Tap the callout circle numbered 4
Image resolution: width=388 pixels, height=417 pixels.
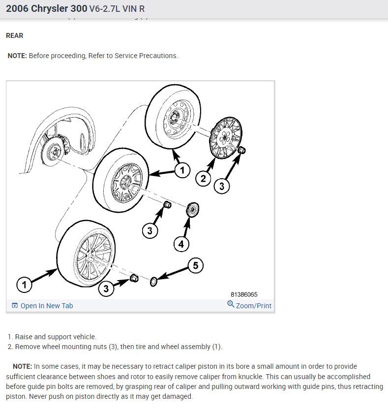tap(181, 243)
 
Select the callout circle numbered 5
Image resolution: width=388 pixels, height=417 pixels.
tap(195, 266)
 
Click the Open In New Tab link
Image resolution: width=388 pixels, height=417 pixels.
tap(46, 306)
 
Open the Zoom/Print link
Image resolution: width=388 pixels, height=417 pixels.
tap(253, 306)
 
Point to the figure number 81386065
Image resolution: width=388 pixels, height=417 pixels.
tap(244, 294)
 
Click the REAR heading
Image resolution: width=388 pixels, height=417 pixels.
tap(14, 36)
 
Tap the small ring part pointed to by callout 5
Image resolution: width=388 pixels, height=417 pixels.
tap(153, 281)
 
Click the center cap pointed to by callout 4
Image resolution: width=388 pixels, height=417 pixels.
tap(192, 210)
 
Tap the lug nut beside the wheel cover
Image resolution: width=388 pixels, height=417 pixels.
tap(241, 150)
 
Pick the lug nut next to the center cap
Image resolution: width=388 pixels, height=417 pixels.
tap(167, 204)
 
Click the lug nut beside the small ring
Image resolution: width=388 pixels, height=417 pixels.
tap(133, 279)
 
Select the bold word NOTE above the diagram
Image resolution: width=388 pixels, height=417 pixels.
tap(17, 56)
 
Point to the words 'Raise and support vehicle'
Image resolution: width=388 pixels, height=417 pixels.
tap(56, 337)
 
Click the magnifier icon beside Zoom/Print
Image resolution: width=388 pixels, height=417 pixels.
tap(231, 304)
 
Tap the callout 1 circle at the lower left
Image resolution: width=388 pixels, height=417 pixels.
tap(24, 285)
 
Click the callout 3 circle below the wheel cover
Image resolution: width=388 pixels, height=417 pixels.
tap(222, 186)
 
